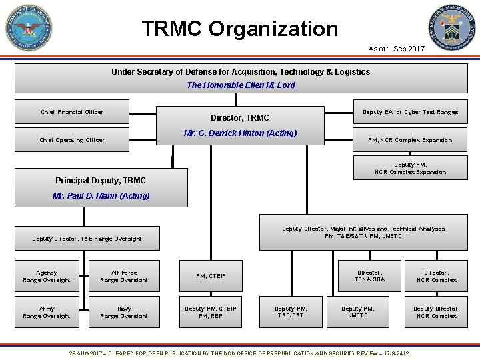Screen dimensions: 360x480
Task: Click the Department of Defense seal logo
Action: coord(29,29)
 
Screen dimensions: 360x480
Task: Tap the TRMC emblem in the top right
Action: coord(453,29)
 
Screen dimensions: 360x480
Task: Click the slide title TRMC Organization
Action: coord(240,29)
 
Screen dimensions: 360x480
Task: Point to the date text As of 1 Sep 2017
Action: coord(396,49)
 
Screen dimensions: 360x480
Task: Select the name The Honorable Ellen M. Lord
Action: coord(241,85)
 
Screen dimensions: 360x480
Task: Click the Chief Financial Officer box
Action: coord(72,112)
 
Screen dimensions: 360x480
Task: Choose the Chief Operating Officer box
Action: coord(72,140)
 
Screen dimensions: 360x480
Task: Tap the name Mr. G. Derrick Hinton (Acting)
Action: coord(240,133)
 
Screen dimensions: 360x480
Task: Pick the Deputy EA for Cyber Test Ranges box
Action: coord(410,112)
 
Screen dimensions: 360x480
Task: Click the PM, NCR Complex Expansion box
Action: coord(410,140)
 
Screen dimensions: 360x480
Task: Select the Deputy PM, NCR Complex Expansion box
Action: coord(410,168)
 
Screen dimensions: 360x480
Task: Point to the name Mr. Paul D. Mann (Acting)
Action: coord(101,195)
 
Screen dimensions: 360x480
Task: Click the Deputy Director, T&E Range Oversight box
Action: coord(87,239)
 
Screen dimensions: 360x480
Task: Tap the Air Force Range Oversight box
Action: coord(124,276)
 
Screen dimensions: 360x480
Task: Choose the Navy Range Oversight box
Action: coord(124,312)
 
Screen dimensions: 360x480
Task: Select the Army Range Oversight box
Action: coord(47,312)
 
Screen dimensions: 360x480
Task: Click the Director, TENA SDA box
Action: coord(370,276)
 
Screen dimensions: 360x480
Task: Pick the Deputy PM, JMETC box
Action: coord(358,312)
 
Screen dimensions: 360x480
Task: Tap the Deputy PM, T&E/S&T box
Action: coord(291,312)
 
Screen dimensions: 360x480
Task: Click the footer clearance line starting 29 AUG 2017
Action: coord(240,352)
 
